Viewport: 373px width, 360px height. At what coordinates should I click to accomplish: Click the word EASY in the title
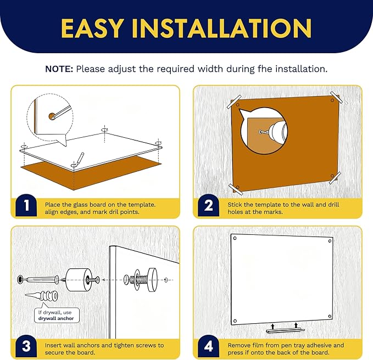click(92, 28)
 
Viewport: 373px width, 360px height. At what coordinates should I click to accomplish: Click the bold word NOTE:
click(59, 69)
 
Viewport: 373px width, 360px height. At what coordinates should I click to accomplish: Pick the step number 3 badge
click(26, 346)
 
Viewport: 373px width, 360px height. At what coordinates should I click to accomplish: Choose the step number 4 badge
click(209, 346)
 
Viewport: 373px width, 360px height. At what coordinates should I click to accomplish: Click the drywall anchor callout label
click(56, 316)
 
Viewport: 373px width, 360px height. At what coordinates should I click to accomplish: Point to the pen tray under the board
click(285, 330)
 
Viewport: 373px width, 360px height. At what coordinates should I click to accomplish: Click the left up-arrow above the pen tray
click(273, 326)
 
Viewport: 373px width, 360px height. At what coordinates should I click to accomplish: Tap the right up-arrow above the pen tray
click(296, 325)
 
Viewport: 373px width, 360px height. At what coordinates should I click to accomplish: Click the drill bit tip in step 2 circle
click(261, 132)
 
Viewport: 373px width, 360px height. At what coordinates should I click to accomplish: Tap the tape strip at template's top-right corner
click(336, 97)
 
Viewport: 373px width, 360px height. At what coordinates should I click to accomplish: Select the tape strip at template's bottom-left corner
click(236, 189)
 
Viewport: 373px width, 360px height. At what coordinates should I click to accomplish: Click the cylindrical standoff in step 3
click(79, 280)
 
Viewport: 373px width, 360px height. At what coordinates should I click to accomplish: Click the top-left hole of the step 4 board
click(235, 238)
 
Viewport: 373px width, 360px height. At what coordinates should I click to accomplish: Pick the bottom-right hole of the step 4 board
click(330, 316)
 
